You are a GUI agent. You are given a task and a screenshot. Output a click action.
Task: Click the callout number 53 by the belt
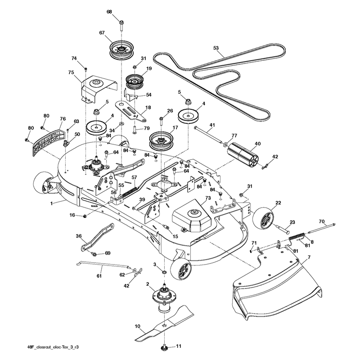[216, 48]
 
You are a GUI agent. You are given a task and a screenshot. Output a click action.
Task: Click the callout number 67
[102, 33]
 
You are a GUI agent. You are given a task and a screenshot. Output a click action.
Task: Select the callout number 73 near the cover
[208, 198]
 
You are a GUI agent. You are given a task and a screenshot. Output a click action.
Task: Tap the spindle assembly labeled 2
[164, 298]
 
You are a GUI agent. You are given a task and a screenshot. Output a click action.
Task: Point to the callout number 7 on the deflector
[309, 257]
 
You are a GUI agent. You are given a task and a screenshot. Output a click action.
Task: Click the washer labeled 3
[164, 272]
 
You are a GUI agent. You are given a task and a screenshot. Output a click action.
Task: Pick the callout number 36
[78, 236]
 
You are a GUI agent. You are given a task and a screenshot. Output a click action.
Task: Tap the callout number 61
[99, 276]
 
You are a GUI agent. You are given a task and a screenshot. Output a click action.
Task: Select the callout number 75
[71, 72]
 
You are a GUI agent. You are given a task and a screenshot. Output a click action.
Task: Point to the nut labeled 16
[85, 216]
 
